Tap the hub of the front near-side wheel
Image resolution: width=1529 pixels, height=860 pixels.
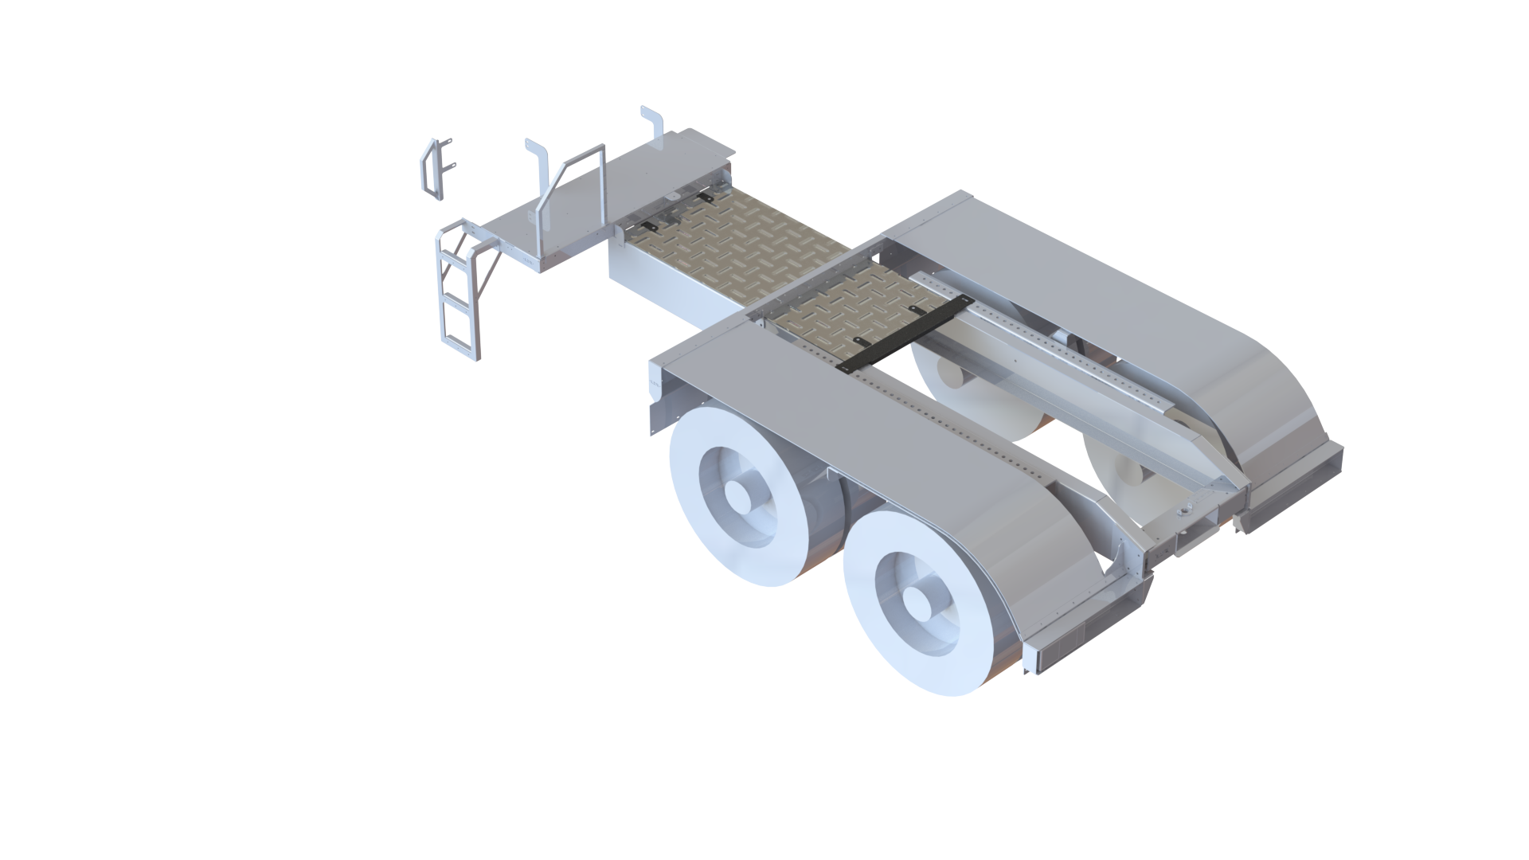pyautogui.click(x=741, y=498)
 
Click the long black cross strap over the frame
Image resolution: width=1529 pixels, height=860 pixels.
pyautogui.click(x=904, y=334)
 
